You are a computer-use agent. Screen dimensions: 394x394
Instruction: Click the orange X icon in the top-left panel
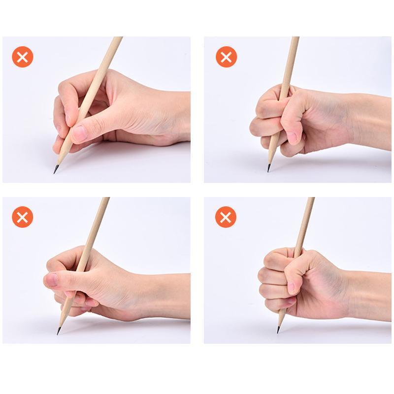[x=23, y=57]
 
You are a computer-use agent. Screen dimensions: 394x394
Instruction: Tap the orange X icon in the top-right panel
[x=227, y=57]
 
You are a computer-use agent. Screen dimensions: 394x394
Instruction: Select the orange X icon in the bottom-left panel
[x=23, y=217]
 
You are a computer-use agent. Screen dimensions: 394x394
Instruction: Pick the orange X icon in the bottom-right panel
[x=227, y=217]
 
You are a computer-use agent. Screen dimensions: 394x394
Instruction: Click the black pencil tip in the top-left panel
[x=56, y=169]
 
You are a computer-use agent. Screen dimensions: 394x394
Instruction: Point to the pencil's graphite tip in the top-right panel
[x=269, y=168]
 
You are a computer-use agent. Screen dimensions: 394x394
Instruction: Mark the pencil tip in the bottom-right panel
[x=279, y=329]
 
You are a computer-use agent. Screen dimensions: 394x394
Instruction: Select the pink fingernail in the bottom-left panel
[x=51, y=280]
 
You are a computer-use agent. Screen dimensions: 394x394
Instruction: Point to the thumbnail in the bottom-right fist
[x=292, y=287]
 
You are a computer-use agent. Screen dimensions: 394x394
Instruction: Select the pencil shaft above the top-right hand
[x=291, y=59]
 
